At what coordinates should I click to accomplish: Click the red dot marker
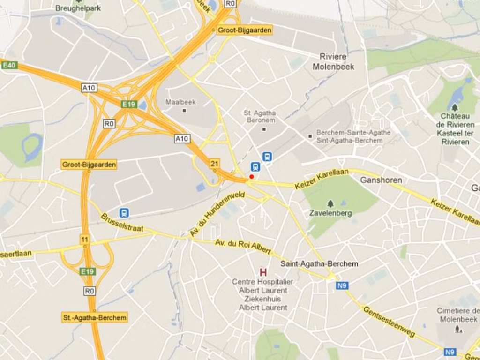click(252, 177)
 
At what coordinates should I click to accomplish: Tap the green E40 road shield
click(9, 65)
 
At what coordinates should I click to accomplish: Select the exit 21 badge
click(215, 163)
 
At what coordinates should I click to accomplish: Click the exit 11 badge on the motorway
click(84, 239)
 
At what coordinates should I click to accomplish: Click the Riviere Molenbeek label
click(333, 61)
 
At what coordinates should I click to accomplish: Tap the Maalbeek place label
click(180, 102)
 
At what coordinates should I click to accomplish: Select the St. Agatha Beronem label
click(260, 117)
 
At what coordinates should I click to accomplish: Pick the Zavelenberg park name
click(330, 213)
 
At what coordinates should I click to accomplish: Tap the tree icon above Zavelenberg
click(330, 203)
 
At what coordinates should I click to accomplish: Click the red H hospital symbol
click(263, 272)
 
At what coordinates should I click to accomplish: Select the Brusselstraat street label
click(122, 224)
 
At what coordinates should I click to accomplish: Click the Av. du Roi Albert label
click(243, 247)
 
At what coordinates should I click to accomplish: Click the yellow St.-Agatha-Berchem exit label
click(95, 318)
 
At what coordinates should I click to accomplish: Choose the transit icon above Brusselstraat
click(124, 213)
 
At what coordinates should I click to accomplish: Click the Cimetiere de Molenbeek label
click(458, 315)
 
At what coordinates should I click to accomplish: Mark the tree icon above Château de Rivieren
click(455, 107)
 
